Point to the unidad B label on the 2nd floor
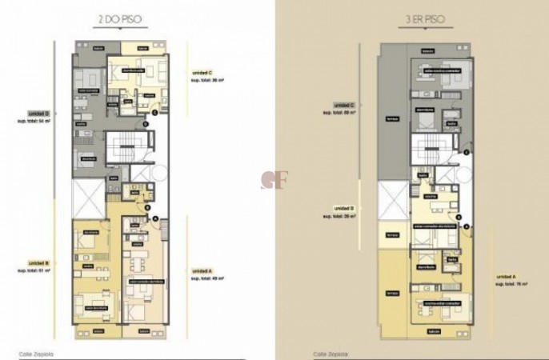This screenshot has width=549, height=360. (x=40, y=262)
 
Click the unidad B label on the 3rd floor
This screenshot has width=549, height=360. (x=345, y=207)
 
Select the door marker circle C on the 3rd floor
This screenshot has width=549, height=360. (x=466, y=150)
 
